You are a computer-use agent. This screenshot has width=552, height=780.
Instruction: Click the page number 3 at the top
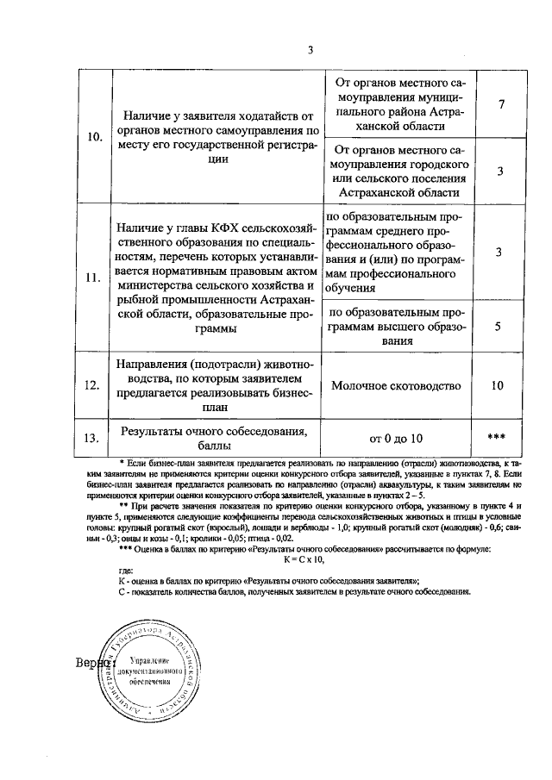tap(310, 49)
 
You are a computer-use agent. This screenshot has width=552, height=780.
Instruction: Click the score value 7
tap(500, 104)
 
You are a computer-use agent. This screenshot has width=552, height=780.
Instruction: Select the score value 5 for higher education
tap(499, 327)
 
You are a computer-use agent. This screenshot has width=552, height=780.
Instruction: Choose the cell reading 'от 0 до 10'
tap(397, 438)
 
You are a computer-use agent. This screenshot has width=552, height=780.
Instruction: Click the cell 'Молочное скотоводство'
tap(397, 385)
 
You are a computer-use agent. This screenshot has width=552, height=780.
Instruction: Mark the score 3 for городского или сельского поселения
tap(500, 171)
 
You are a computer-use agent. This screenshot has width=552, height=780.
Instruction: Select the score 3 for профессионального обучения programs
tap(499, 252)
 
